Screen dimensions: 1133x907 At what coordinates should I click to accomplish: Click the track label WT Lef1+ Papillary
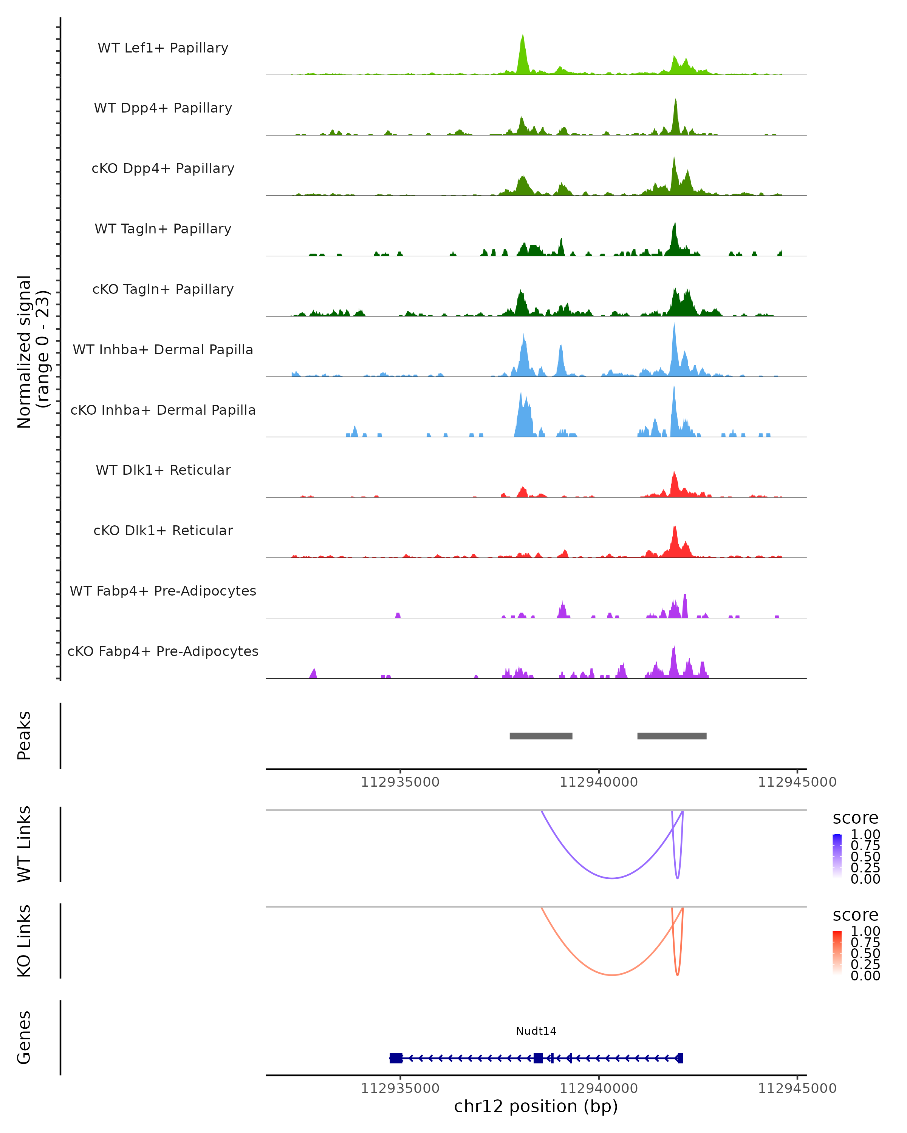163,48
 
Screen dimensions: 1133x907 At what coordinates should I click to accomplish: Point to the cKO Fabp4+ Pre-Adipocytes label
163,651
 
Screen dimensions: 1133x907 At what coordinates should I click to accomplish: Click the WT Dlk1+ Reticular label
163,470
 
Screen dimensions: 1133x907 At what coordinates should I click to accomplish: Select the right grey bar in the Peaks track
672,736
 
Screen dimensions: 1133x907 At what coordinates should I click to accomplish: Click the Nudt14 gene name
536,1031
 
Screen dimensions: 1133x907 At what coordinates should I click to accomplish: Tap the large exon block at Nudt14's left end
396,1058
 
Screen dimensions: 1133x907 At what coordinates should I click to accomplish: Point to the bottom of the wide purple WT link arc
612,878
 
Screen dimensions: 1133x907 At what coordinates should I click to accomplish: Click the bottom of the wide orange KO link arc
612,975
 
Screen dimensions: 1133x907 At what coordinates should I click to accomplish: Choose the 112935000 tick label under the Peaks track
400,782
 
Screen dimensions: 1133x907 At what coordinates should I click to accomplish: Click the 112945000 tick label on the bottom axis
797,1088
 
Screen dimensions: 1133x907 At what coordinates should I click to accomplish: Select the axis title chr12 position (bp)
536,1107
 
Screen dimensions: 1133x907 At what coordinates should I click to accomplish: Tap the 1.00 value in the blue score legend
865,835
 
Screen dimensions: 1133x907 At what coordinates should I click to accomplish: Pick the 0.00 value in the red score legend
865,976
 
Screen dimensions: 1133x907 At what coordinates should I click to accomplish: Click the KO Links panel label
24,941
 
